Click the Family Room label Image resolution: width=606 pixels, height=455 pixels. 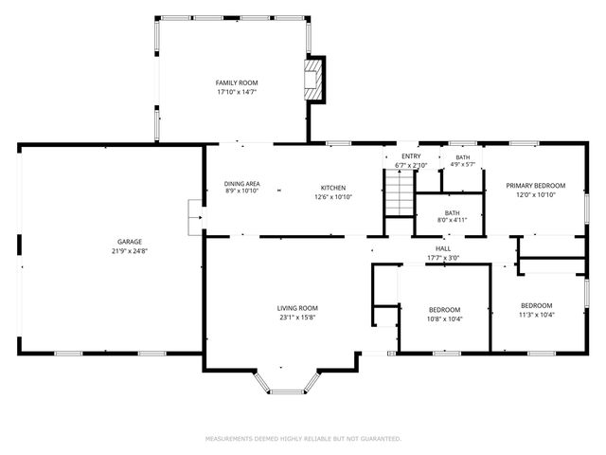pos(237,83)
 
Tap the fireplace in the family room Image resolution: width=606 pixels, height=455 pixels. pos(314,78)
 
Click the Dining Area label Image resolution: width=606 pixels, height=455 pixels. pos(242,184)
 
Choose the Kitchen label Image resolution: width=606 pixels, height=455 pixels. pos(333,188)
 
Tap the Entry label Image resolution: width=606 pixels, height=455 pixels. pos(411,156)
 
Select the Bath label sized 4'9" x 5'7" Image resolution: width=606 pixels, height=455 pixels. pos(462,157)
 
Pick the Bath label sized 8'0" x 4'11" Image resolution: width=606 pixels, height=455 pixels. pos(452,213)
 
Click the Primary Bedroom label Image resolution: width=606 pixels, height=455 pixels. pos(535,186)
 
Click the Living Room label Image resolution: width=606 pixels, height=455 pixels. pos(297,308)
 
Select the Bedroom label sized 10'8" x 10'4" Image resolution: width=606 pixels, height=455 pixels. pos(444,310)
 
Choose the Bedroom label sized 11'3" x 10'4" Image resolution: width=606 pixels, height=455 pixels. pos(536,305)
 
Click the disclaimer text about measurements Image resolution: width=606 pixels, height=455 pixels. pos(303,439)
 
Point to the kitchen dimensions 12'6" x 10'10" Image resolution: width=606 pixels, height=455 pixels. pos(333,197)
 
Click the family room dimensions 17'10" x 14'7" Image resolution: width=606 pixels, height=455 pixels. pos(237,93)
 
